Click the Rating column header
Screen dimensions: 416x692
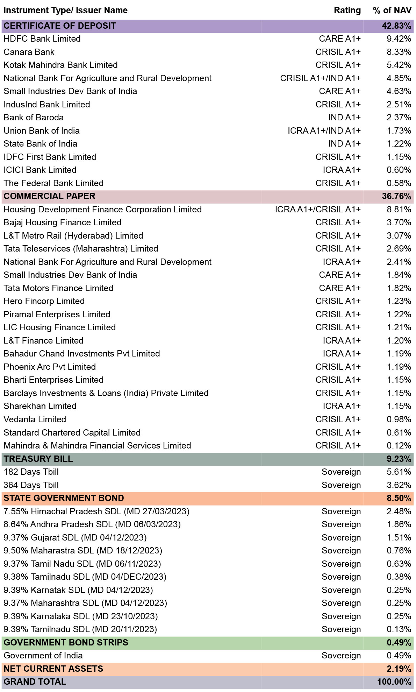coord(347,10)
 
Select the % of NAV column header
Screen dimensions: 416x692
coord(392,10)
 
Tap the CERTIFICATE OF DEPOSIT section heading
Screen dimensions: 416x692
coord(60,26)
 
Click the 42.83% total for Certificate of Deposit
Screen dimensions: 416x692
coord(396,26)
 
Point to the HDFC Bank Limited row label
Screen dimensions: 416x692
coord(42,39)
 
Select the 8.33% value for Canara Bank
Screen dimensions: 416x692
coord(399,52)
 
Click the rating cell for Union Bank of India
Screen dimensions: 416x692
coord(324,131)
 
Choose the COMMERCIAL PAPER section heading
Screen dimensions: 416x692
coord(49,196)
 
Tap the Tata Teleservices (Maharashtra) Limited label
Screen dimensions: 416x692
coord(81,249)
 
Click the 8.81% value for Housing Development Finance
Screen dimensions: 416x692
coord(399,210)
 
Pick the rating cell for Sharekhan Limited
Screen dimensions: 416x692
coord(342,406)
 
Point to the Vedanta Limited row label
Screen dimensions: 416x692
coord(35,419)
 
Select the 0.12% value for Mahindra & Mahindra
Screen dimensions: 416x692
coord(399,446)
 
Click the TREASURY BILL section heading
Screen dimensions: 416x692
coord(38,459)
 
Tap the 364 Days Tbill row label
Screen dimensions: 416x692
coord(31,485)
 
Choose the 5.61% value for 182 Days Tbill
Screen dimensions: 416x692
coord(399,472)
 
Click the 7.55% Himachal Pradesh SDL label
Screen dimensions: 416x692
coord(96,511)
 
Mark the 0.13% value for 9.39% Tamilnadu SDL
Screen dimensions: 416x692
coord(399,629)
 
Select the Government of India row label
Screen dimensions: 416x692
coord(43,656)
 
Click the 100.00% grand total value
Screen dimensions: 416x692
coord(394,682)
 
